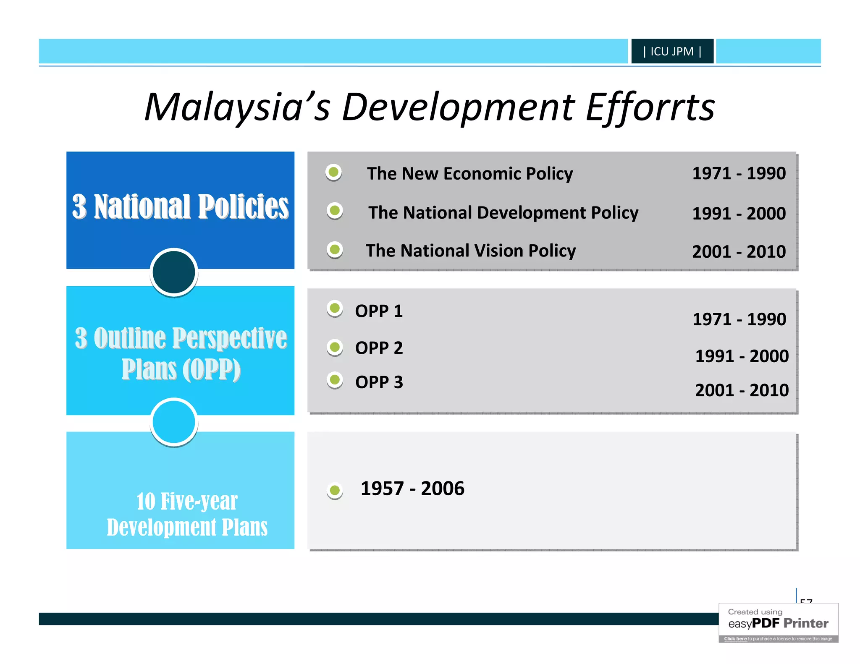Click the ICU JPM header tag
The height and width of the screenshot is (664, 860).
coord(672,51)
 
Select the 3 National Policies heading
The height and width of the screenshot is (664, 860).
coord(180,207)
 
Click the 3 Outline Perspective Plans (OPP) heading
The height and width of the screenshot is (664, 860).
coord(181,353)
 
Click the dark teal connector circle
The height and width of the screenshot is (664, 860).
coord(174,272)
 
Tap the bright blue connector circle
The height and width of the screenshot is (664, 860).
coord(174,421)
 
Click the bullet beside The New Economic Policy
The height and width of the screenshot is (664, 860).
coord(334,172)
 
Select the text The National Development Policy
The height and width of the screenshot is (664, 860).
coord(503,212)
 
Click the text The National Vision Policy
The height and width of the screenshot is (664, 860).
coord(471,251)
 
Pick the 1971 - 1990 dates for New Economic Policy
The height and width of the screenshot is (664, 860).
coord(739,173)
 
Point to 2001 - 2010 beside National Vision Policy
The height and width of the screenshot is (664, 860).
coord(739,251)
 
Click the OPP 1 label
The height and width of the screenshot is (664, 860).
coord(379,311)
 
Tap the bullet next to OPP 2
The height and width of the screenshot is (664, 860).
coord(335,347)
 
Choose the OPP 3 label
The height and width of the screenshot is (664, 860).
coord(379,382)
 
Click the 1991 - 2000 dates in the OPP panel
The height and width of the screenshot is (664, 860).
coord(742,356)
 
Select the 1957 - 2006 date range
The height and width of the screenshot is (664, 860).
coord(412,489)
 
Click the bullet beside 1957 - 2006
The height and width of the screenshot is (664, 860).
coord(335,490)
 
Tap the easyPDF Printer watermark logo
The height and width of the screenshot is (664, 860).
coord(778,623)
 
